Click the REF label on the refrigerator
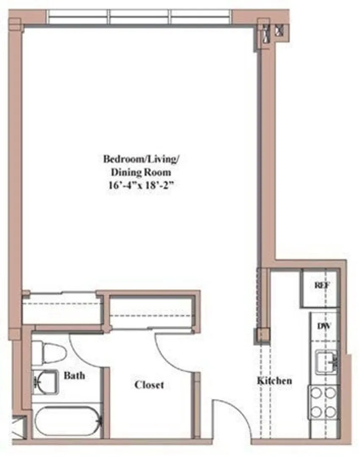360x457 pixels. click(322, 285)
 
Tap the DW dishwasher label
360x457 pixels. click(324, 326)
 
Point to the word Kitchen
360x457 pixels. click(274, 380)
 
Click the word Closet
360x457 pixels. click(149, 385)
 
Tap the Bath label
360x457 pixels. click(75, 375)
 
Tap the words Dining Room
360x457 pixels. click(141, 172)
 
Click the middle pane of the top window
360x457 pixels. click(140, 17)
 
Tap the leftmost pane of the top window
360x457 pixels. click(78, 17)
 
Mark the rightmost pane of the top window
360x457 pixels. click(201, 17)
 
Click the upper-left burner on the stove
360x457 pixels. click(316, 393)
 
